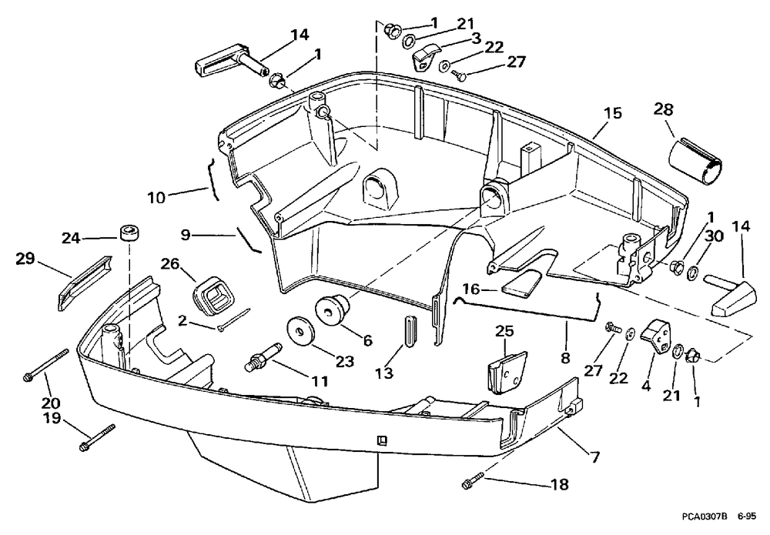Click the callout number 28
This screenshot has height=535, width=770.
663,109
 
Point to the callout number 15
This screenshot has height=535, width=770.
613,113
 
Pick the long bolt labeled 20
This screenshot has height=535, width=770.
45,363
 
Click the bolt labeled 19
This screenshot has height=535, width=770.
97,437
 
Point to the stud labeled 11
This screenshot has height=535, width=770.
263,358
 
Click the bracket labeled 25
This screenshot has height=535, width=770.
507,370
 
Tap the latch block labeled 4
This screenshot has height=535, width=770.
655,336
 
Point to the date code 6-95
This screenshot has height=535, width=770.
747,517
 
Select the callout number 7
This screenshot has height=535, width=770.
595,458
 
